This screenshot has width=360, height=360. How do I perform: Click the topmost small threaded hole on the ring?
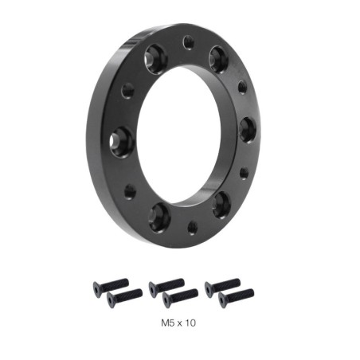pos(188,41)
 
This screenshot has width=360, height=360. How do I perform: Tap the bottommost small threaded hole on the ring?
pos(192,226)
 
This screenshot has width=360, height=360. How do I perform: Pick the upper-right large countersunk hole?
pos(218,57)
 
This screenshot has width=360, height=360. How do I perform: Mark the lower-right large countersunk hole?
pos(221,204)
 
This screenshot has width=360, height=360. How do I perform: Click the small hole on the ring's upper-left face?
pos(127,91)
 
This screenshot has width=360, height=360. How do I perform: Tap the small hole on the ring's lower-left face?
pos(130,191)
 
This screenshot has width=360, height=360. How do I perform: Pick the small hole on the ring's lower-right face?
pos(244,172)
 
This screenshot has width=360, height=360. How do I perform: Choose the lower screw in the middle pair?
pos(180,298)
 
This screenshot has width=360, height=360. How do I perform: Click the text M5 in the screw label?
pos(166,324)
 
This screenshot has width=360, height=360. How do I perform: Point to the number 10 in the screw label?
pos(190,324)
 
